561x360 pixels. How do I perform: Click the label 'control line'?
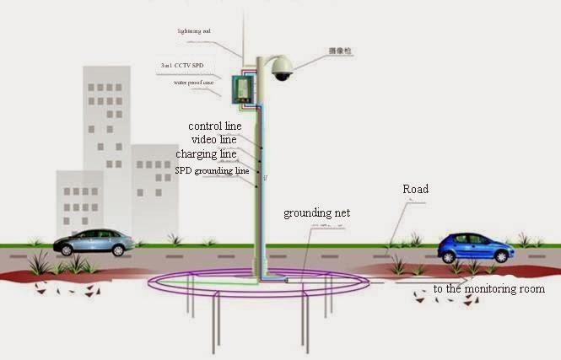(214, 126)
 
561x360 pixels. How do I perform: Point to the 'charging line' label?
(206, 154)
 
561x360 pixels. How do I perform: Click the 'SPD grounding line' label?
(212, 170)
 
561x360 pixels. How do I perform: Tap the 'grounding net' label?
(316, 213)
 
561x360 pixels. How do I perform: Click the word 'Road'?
(415, 190)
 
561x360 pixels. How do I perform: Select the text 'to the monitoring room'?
(488, 289)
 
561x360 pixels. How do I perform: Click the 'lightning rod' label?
(193, 31)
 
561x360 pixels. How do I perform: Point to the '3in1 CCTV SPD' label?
(181, 65)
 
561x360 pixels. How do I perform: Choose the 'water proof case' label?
(193, 83)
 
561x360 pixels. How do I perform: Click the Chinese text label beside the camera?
(340, 52)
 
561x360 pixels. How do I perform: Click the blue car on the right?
(475, 248)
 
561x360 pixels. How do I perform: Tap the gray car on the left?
(94, 243)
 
